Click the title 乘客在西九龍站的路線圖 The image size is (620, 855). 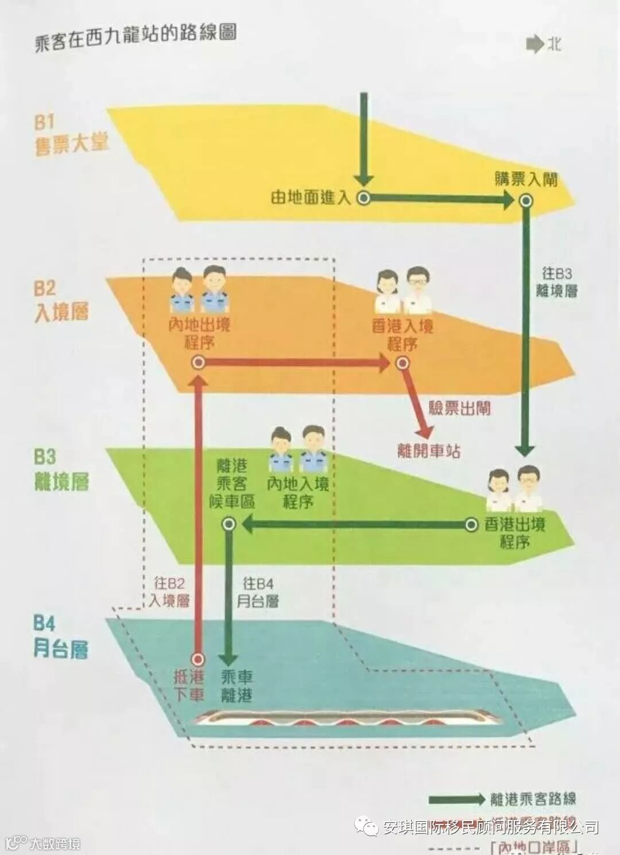135,38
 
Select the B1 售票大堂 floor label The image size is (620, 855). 71,134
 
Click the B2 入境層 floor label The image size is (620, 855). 61,302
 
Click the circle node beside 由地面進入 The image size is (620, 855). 363,198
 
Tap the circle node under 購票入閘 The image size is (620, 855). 526,200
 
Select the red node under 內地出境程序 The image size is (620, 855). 199,363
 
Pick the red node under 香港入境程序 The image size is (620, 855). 402,363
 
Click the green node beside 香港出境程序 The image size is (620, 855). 471,524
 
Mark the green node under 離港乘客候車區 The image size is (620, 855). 228,524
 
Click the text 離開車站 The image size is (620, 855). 429,451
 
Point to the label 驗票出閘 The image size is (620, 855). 460,409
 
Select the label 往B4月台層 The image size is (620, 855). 258,592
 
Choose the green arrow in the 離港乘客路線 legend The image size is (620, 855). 456,799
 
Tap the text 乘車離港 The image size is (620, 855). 237,686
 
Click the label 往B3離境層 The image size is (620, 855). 556,282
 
